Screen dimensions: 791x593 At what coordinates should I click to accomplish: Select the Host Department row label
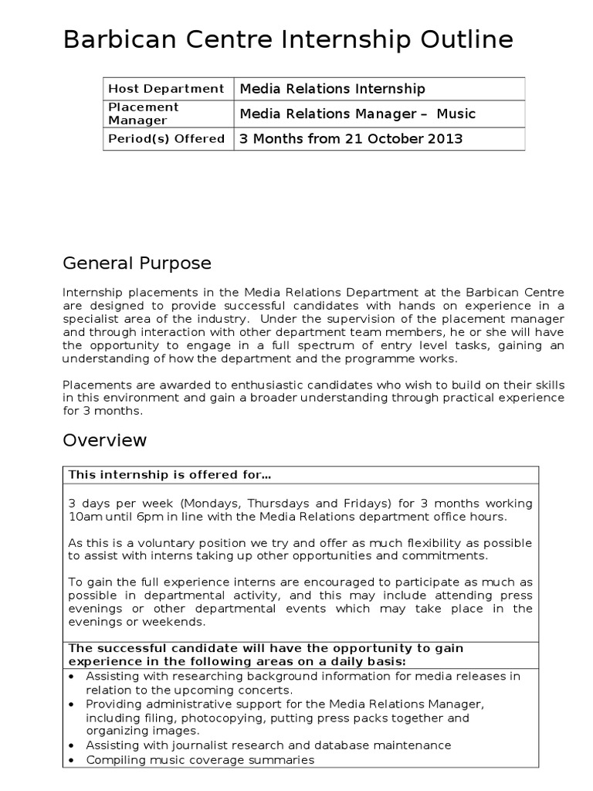(x=166, y=89)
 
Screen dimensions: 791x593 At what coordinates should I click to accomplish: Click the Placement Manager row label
(x=144, y=114)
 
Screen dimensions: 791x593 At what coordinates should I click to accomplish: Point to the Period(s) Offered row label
(x=166, y=139)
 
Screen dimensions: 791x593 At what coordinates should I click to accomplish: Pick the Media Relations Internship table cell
(x=332, y=90)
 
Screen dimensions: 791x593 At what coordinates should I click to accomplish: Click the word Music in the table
(x=456, y=114)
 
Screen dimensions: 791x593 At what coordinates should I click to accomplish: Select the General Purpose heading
(x=137, y=263)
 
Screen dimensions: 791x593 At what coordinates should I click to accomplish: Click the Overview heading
(x=104, y=440)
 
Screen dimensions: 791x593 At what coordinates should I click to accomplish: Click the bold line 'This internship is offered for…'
(x=170, y=474)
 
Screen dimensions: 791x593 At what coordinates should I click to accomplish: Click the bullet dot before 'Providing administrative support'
(x=72, y=704)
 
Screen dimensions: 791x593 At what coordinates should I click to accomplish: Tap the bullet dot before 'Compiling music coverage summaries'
(x=72, y=760)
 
